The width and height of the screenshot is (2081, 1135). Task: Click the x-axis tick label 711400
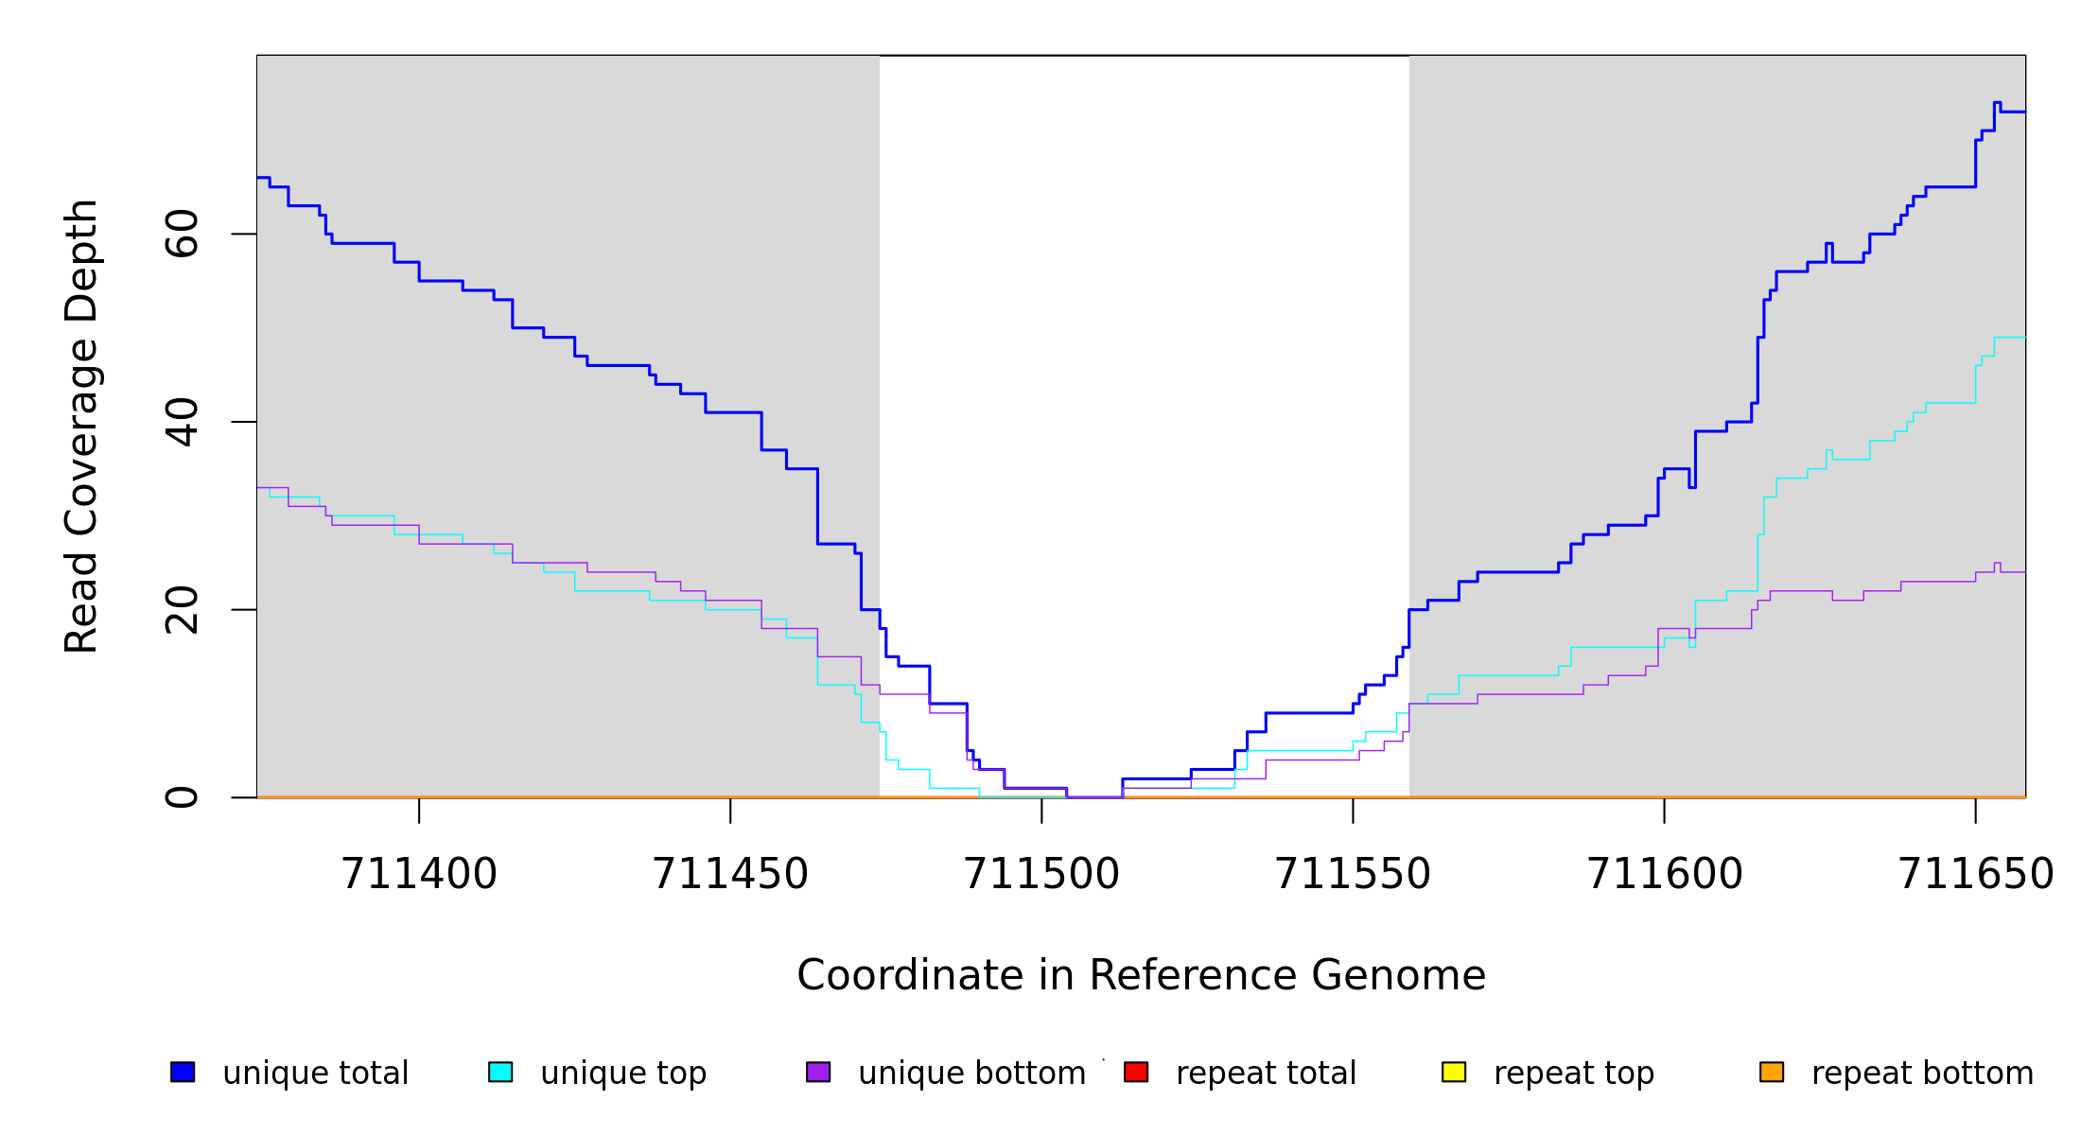click(419, 875)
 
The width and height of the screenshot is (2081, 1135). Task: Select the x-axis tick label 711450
click(730, 875)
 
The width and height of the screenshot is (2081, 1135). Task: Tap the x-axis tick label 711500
click(1041, 875)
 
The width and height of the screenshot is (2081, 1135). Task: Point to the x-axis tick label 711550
click(1353, 875)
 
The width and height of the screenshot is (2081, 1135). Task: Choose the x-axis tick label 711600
click(1665, 875)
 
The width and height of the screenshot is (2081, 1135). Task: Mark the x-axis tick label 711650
click(1975, 875)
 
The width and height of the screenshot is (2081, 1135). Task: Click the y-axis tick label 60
click(182, 234)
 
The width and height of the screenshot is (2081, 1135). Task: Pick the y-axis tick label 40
click(182, 422)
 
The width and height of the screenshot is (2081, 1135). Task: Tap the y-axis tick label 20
click(182, 610)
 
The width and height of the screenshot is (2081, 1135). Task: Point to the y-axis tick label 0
click(182, 797)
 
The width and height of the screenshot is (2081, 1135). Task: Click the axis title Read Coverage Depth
click(81, 426)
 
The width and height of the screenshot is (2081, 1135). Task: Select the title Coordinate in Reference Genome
click(1141, 976)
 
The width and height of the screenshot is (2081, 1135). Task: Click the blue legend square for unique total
click(183, 1072)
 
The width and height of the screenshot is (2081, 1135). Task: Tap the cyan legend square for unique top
click(500, 1072)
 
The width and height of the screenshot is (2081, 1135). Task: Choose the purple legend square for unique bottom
click(818, 1072)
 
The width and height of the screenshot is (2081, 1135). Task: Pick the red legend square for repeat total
click(1136, 1072)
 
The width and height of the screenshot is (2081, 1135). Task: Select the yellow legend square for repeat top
click(1454, 1072)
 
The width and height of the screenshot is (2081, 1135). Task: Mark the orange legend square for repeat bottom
click(1772, 1072)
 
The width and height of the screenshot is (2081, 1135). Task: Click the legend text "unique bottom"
click(971, 1074)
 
